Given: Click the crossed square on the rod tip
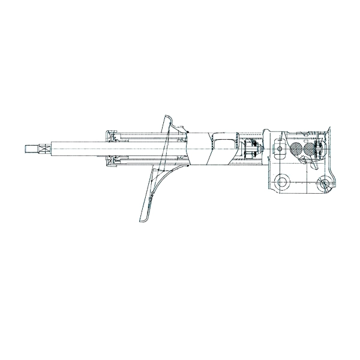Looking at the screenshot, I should [x=28, y=148].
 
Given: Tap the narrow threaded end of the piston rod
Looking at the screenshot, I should [x=33, y=148].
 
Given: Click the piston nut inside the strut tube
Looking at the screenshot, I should [x=252, y=149].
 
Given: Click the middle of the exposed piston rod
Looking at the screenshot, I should [x=78, y=148].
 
